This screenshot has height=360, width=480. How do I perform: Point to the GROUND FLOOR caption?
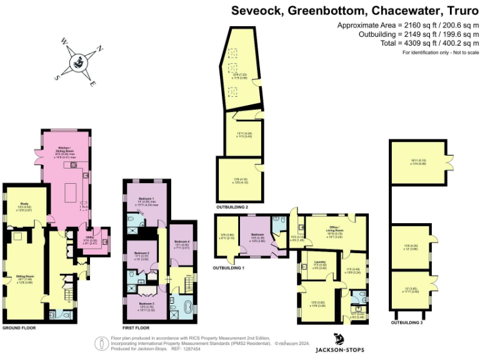(19, 327)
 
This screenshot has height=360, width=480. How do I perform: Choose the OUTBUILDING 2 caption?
(232, 206)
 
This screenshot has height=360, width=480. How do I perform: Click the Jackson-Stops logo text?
(340, 349)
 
